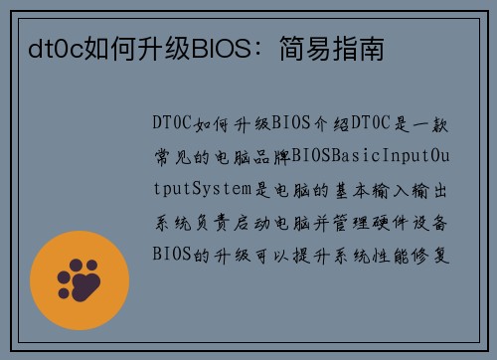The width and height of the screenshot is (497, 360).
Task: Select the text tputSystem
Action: click(206, 188)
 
